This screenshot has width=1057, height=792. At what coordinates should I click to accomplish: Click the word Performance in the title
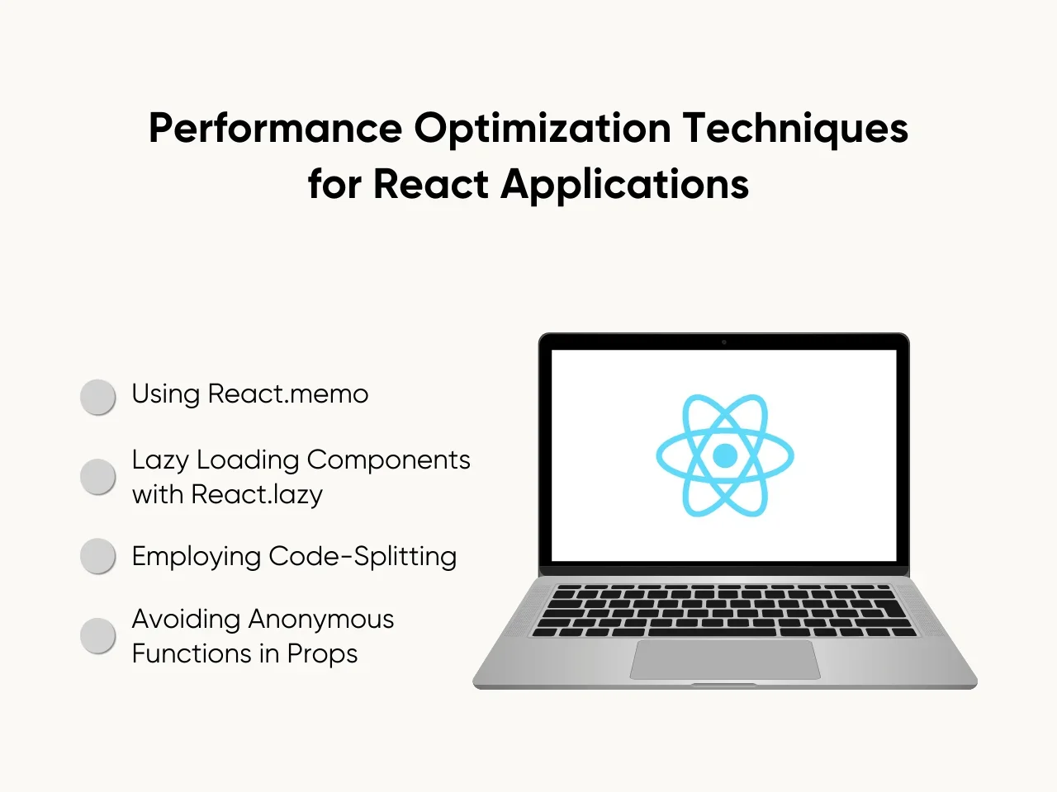tap(276, 128)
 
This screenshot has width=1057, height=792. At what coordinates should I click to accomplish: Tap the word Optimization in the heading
tap(543, 129)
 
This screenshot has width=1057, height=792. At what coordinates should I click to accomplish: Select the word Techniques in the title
tap(795, 129)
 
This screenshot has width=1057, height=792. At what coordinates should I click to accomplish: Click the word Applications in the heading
tap(625, 185)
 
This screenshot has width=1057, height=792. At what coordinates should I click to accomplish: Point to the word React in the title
tap(431, 184)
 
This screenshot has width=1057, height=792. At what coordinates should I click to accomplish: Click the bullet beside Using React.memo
tap(97, 397)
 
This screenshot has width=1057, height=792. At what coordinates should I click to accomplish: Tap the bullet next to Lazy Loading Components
tap(97, 477)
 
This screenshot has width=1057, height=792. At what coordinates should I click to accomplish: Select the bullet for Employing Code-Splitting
tap(97, 556)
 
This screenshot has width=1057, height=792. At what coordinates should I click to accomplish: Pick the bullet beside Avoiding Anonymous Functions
tap(97, 636)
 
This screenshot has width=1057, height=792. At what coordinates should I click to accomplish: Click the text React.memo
tap(288, 394)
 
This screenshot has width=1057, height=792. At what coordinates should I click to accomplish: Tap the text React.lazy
tap(257, 495)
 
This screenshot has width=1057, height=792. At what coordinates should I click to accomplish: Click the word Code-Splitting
tap(363, 557)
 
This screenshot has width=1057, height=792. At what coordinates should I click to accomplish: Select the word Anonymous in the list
tap(321, 619)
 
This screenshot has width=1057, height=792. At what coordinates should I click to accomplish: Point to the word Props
tap(323, 654)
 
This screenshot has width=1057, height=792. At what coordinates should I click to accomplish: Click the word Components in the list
tap(389, 460)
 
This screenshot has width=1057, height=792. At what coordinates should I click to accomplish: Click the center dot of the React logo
tap(725, 455)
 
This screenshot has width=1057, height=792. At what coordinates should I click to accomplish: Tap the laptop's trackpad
tap(725, 659)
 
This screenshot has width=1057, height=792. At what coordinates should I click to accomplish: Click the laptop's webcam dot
tap(723, 342)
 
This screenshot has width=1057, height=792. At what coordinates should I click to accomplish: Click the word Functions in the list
tap(192, 654)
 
